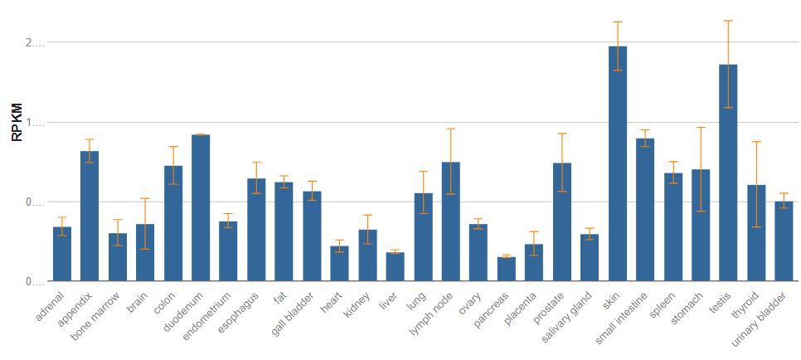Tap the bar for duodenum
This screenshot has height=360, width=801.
201,208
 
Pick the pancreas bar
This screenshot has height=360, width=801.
506,270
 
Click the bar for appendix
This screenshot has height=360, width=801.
90,216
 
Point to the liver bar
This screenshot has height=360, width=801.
395,267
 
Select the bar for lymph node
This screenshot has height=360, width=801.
450,222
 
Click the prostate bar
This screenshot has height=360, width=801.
561,222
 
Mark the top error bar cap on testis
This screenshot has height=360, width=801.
728,21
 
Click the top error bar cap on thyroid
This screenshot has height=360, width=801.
756,142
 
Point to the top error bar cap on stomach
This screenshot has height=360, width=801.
701,128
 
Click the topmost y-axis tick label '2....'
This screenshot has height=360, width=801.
35,43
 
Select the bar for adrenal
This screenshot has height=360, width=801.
62,254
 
